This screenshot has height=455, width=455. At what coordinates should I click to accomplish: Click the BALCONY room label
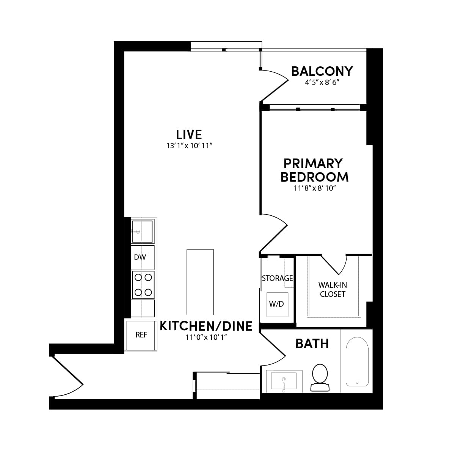tap(322, 71)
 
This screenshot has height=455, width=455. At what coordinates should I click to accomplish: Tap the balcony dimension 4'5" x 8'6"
tap(322, 83)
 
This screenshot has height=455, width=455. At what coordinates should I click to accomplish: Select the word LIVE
tap(189, 134)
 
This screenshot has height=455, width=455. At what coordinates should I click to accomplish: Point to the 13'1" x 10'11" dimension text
tap(189, 146)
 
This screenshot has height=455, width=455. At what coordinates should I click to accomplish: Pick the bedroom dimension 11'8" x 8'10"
tap(315, 188)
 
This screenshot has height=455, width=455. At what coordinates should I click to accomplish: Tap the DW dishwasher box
tap(143, 257)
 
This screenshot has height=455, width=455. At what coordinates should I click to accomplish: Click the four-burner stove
tap(143, 284)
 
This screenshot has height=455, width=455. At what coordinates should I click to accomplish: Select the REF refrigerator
tap(141, 335)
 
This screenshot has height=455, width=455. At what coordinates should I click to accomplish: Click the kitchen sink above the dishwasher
tap(142, 231)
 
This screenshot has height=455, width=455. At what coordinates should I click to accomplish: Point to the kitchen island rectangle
tap(200, 282)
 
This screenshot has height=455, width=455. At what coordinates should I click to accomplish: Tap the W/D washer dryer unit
tap(276, 304)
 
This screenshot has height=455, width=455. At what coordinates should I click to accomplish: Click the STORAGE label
tap(277, 278)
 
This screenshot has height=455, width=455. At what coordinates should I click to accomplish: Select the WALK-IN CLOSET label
tap(333, 289)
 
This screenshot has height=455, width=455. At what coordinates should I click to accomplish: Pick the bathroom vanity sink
tap(284, 381)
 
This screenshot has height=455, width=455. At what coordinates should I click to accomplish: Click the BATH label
tap(312, 344)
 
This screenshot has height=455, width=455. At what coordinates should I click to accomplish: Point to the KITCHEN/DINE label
tap(206, 326)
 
